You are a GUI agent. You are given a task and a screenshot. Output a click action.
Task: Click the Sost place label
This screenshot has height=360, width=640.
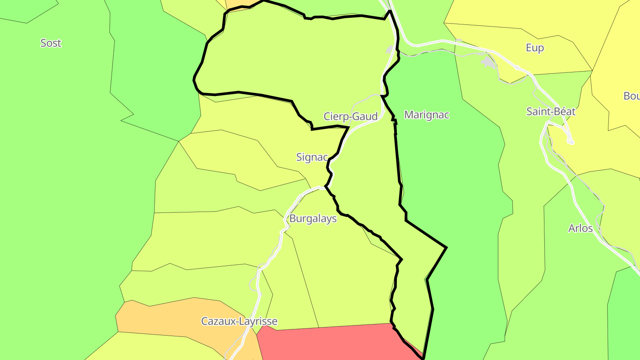tap(51, 43)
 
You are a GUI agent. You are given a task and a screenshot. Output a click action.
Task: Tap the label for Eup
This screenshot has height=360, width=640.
tap(535, 48)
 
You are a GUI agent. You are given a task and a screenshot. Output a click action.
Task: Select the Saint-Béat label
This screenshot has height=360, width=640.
tap(551, 112)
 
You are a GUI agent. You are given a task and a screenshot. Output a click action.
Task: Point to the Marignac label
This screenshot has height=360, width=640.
tap(427, 115)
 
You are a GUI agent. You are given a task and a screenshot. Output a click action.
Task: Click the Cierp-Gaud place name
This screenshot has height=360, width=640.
tap(351, 116)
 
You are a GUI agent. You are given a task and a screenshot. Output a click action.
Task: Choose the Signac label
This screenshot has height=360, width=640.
tap(312, 157)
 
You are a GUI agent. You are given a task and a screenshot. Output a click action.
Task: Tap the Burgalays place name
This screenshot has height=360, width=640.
tap(313, 219)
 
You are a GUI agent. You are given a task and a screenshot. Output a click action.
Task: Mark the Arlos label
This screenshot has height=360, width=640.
tap(580, 228)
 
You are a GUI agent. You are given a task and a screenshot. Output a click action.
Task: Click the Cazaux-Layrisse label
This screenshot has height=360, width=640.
tap(239, 321)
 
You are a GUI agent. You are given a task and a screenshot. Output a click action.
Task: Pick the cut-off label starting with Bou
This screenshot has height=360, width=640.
tap(631, 96)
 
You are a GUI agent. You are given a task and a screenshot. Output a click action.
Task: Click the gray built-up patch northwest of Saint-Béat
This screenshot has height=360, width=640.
tap(489, 62)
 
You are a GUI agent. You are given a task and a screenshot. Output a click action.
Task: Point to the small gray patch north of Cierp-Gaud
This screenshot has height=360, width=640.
tap(391, 49)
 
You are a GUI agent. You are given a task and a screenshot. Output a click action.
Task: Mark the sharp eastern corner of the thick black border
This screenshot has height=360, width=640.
tap(446, 247)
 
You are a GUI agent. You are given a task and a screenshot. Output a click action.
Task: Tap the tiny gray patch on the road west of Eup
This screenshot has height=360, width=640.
tap(459, 41)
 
